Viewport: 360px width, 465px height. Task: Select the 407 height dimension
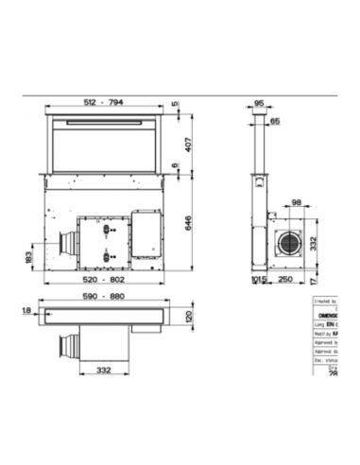coord(188,145)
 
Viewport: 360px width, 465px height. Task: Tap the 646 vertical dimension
coord(188,223)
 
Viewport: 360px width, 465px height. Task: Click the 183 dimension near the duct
coord(29,256)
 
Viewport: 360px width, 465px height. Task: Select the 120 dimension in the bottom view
coord(188,317)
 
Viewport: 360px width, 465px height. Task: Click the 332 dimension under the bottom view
coord(105,371)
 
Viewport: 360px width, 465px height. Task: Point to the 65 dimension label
coord(275,122)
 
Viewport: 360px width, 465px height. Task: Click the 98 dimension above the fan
coord(297,203)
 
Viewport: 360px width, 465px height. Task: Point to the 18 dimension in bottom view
coord(28,310)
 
